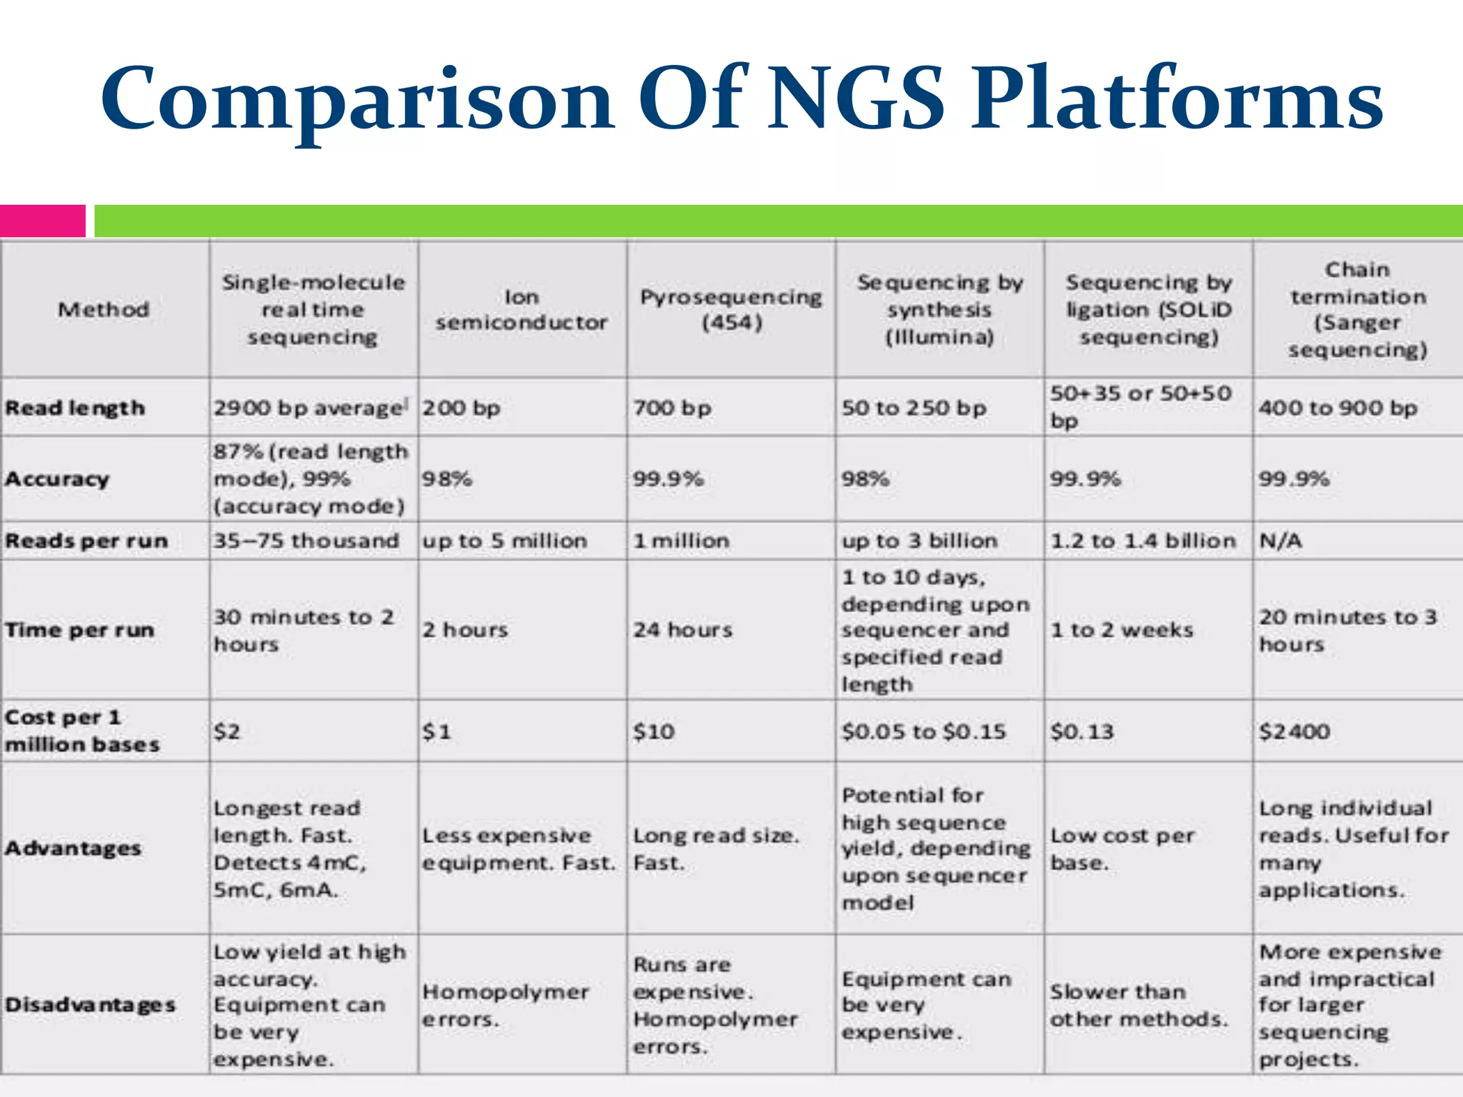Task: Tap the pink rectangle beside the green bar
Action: click(42, 221)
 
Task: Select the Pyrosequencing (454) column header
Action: click(731, 309)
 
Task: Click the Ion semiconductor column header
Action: click(521, 309)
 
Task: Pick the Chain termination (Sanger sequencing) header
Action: click(1357, 309)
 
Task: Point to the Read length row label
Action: click(75, 408)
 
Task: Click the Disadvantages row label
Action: click(90, 1004)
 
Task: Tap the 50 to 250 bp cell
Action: click(914, 408)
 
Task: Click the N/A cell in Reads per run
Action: click(1280, 541)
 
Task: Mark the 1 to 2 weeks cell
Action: click(1122, 630)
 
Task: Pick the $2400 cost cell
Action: click(1294, 731)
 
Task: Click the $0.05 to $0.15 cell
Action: click(923, 731)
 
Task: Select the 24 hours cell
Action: click(682, 630)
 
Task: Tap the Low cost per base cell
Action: click(1122, 848)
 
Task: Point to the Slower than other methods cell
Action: click(1138, 1005)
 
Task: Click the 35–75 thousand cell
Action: click(306, 541)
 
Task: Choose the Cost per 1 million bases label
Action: click(82, 731)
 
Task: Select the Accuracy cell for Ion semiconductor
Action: click(447, 479)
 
